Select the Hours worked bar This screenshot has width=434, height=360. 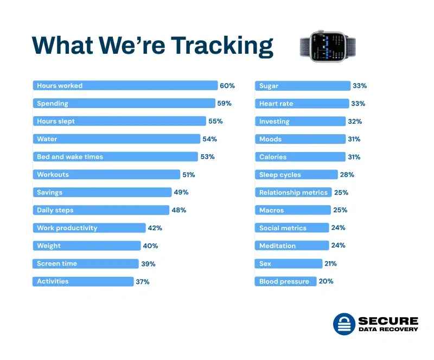click(x=125, y=86)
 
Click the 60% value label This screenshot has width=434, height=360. click(x=227, y=86)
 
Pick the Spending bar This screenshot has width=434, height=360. click(x=124, y=103)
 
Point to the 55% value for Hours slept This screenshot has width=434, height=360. click(x=215, y=121)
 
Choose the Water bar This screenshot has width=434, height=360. click(x=116, y=139)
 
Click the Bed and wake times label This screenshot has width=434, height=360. click(x=69, y=157)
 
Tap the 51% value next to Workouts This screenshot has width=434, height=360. click(x=188, y=175)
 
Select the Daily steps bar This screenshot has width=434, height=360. click(x=101, y=210)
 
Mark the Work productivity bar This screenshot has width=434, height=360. click(x=89, y=228)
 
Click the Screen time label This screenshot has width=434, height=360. click(x=57, y=263)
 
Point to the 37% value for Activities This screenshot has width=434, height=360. click(x=143, y=282)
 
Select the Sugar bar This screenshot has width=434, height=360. click(x=303, y=86)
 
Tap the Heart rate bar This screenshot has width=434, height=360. click(x=302, y=103)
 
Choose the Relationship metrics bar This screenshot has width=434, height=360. click(x=293, y=192)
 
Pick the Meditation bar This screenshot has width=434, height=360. click(x=292, y=245)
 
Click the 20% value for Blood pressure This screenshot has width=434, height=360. click(x=326, y=281)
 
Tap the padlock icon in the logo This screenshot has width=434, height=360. click(x=343, y=324)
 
